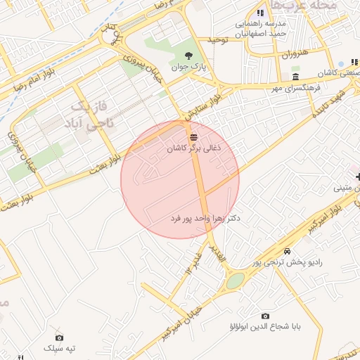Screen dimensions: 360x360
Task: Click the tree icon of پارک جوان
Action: [188, 55]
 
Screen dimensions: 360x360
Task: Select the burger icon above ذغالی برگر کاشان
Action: [193, 136]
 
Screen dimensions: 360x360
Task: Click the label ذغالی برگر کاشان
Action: [194, 149]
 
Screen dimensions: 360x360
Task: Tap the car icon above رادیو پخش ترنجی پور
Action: [287, 251]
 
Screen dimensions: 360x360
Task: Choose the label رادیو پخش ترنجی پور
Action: [288, 262]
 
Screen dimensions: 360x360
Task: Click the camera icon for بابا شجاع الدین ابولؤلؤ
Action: [265, 316]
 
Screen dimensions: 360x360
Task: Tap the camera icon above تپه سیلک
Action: [59, 337]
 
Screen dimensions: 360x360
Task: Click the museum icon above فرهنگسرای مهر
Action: [295, 77]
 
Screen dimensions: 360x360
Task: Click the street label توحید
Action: [219, 41]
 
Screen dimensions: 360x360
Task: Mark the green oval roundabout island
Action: [235, 281]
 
